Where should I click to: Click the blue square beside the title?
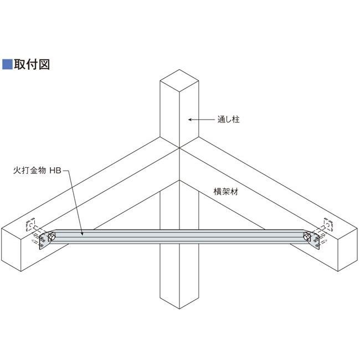pyautogui.click(x=7, y=64)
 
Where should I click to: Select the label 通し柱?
pyautogui.click(x=229, y=119)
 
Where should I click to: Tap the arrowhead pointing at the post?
pyautogui.click(x=189, y=119)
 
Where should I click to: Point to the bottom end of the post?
pyautogui.click(x=178, y=299)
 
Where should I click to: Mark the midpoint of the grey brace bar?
pyautogui.click(x=179, y=236)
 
